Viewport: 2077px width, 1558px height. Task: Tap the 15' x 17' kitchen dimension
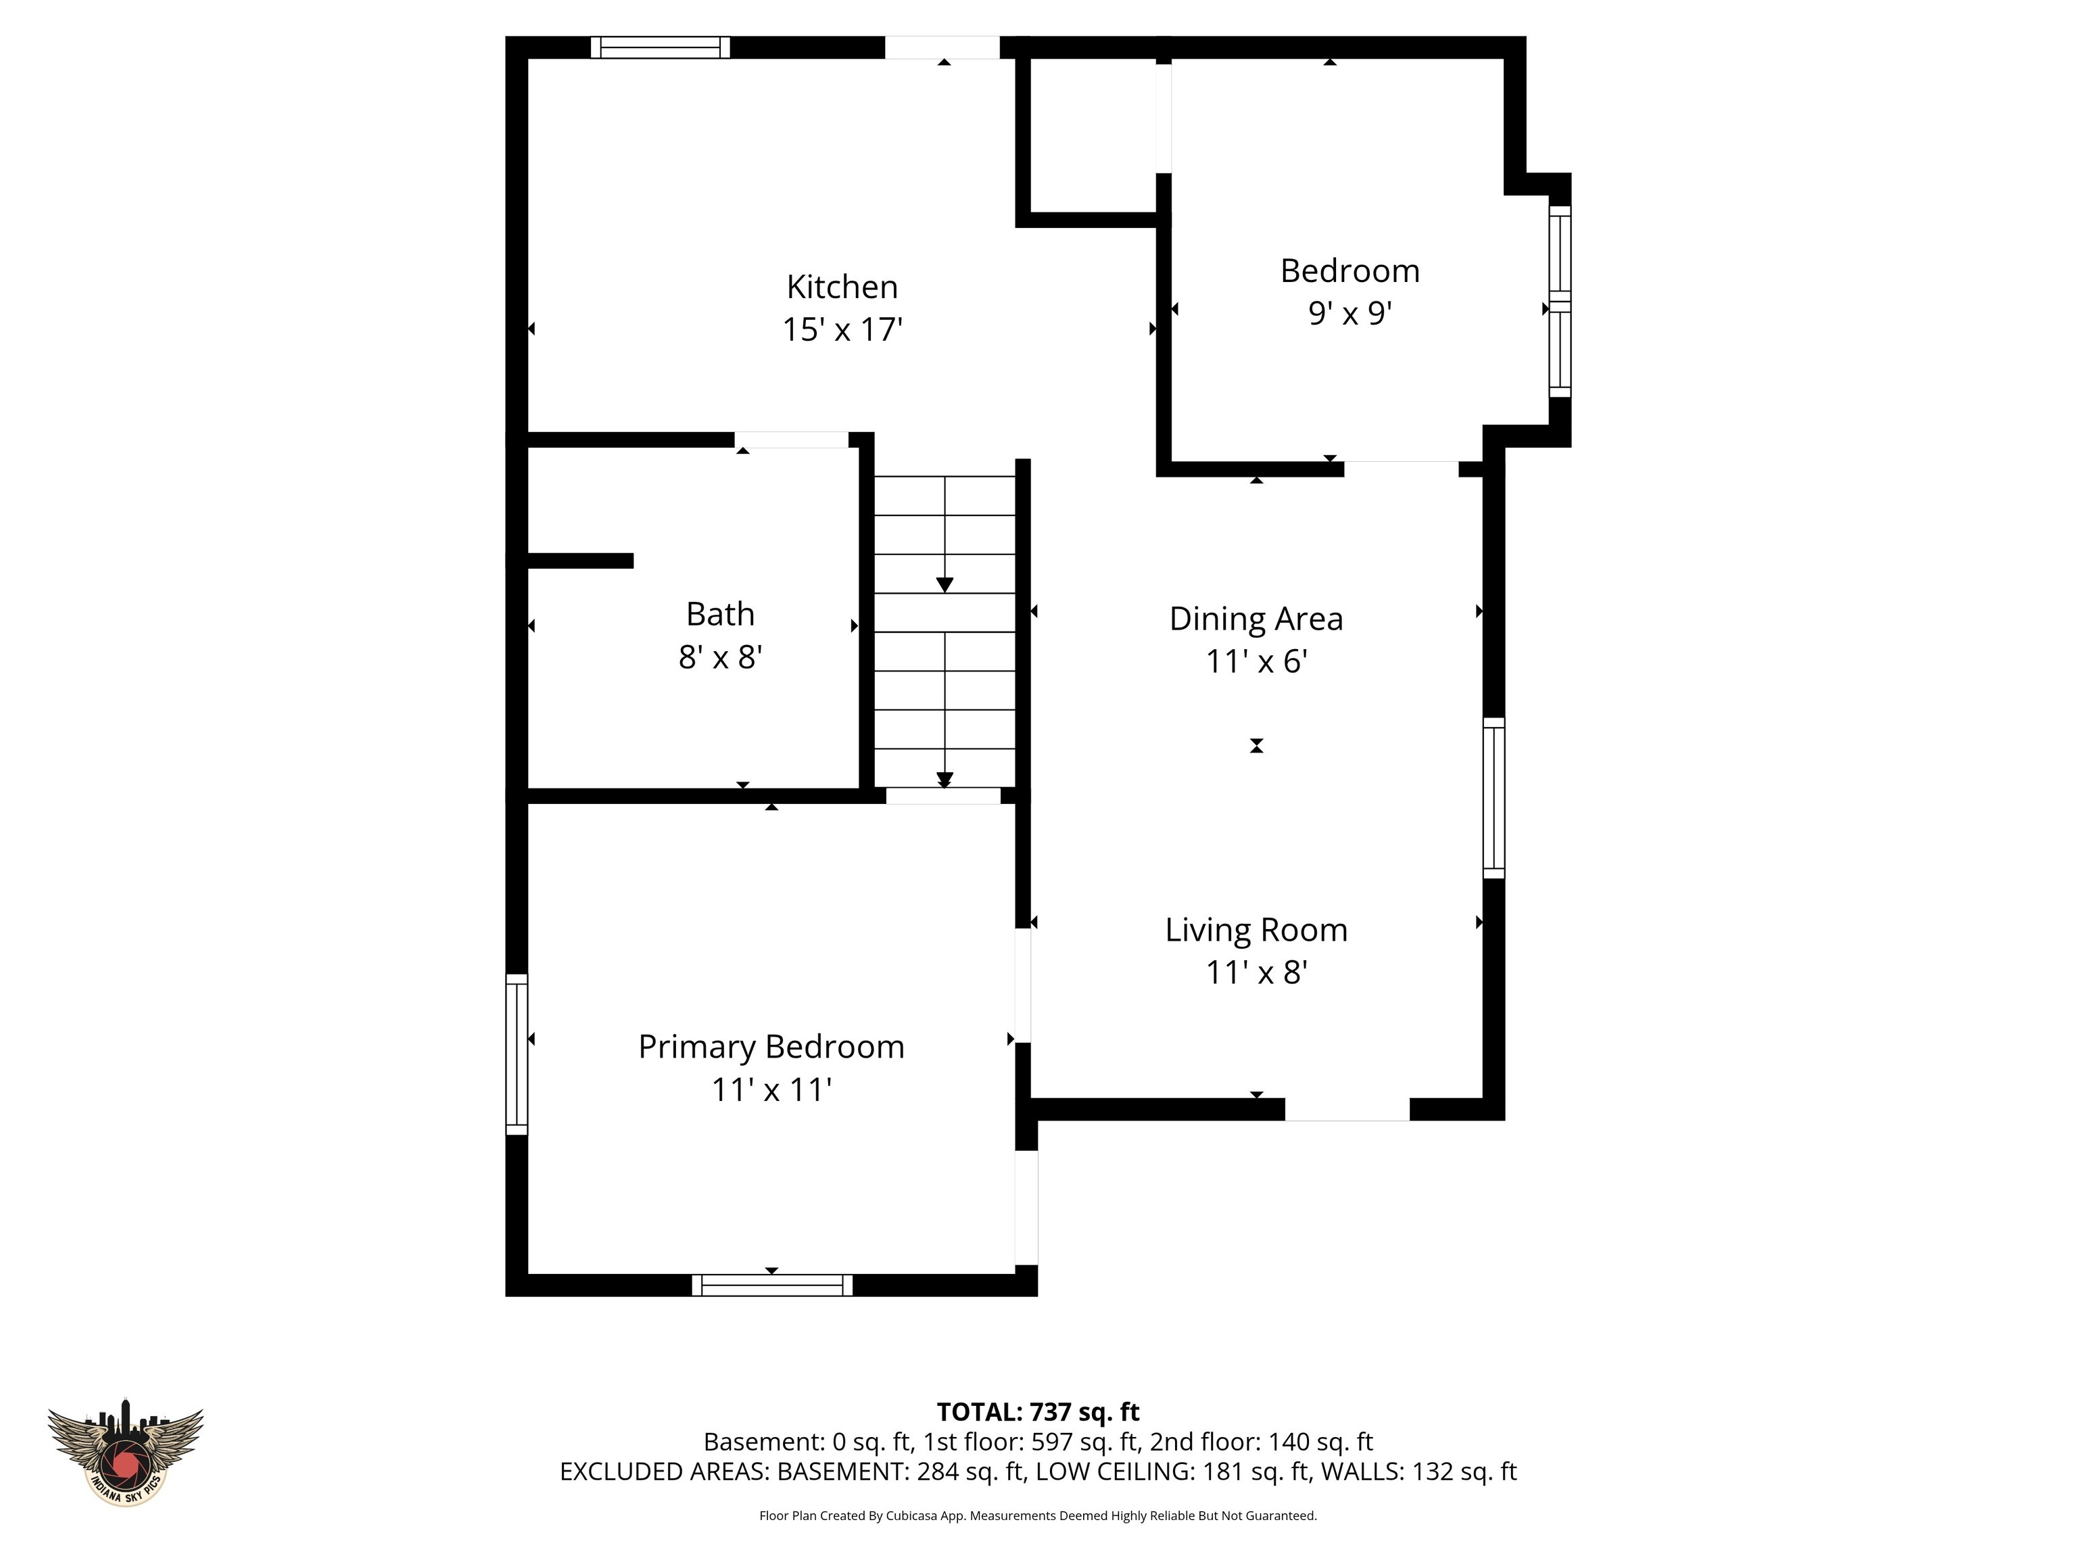pos(842,329)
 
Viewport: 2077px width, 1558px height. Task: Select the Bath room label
pos(720,614)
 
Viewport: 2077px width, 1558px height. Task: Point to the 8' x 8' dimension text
pos(720,657)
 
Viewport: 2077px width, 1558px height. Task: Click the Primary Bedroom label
pos(771,1047)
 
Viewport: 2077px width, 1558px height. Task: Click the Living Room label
pos(1256,930)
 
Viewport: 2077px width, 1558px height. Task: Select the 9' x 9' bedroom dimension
pos(1350,312)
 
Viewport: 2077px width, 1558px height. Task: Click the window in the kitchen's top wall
pos(660,47)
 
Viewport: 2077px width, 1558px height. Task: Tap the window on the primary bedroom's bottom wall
pos(772,1285)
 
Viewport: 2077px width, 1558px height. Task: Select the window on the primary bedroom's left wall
pos(517,1054)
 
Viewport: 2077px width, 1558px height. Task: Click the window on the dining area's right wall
pos(1493,798)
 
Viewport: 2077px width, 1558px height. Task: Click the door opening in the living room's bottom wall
pos(1347,1109)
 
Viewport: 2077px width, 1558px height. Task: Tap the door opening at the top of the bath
pos(792,440)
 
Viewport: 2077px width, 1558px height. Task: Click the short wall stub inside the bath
pos(580,561)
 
